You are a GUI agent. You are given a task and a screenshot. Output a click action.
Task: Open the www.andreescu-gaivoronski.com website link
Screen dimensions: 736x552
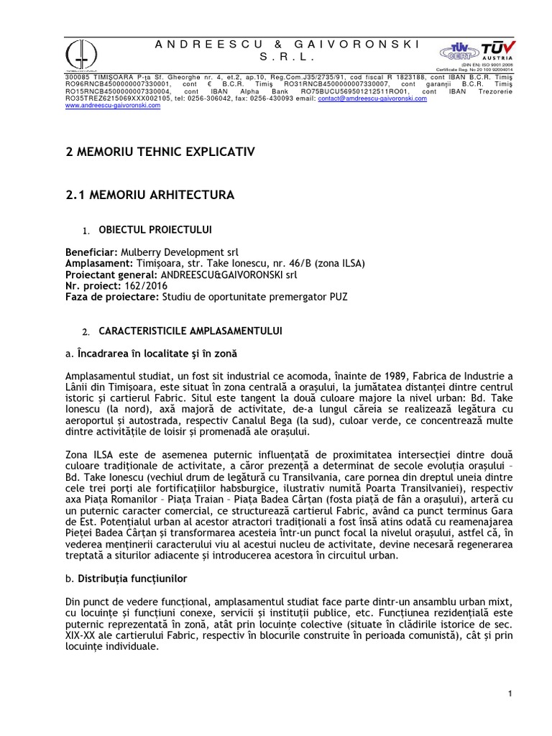[x=111, y=105]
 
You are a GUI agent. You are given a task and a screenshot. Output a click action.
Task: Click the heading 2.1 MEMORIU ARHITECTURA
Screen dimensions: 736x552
[x=150, y=194]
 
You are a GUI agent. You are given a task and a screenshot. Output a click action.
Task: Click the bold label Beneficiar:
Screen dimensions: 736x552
[x=91, y=253]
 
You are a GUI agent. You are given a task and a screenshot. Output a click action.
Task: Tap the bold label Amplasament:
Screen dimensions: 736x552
[x=99, y=263]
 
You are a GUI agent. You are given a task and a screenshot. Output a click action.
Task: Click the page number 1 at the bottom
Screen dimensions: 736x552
[x=509, y=693]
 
